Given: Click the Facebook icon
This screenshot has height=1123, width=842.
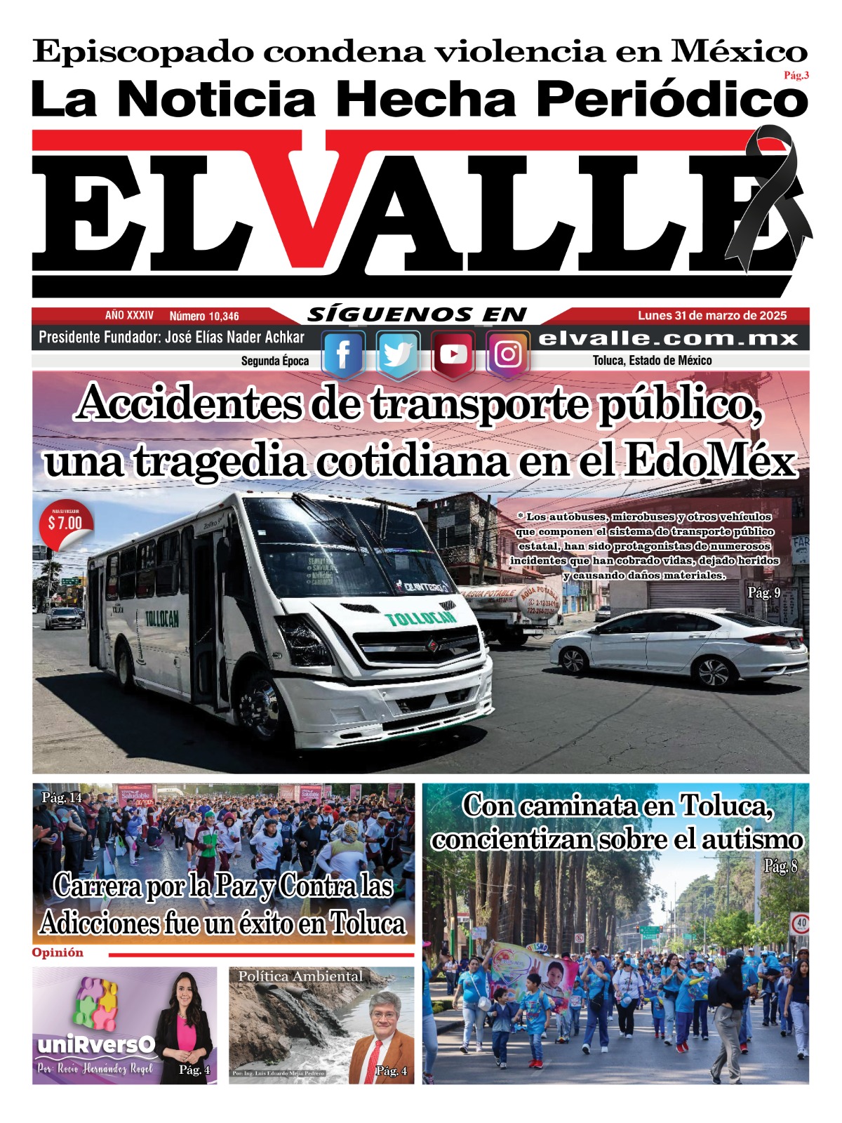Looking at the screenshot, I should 342,354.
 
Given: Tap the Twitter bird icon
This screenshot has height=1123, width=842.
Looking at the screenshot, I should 398,354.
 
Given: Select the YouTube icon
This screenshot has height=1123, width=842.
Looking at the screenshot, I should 453,354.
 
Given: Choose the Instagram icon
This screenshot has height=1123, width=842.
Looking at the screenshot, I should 507,354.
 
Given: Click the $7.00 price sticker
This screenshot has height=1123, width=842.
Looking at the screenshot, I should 65,523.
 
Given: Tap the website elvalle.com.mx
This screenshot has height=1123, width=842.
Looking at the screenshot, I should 668,338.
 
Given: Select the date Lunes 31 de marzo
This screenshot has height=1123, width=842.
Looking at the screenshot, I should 712,316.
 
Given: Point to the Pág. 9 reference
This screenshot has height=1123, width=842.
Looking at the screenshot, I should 763,593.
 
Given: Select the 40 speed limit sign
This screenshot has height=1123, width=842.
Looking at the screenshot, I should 799,924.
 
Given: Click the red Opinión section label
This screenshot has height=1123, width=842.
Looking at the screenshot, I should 58,952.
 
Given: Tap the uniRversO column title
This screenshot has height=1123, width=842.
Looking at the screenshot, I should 95,1045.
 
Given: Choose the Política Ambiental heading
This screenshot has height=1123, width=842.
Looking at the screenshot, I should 300,976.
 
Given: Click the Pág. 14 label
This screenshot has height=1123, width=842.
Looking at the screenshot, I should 62,798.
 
